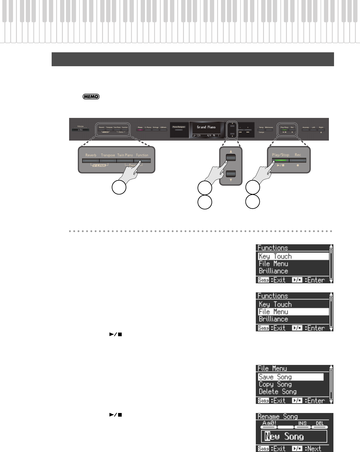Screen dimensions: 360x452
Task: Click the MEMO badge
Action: click(x=91, y=97)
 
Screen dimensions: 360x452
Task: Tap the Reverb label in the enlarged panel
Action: click(x=91, y=155)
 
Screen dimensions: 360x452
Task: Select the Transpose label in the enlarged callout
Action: click(x=108, y=155)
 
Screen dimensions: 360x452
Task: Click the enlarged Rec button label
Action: click(x=298, y=155)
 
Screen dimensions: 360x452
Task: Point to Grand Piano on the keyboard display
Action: click(x=206, y=127)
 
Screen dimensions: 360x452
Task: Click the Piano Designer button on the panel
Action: click(x=179, y=127)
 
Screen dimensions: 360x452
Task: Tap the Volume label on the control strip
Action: click(x=80, y=126)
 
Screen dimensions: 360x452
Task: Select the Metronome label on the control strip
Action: click(x=269, y=128)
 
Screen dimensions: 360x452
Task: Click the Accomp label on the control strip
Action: click(x=306, y=128)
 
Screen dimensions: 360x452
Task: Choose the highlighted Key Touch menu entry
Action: click(x=275, y=256)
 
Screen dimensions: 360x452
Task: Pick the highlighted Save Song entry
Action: click(x=275, y=377)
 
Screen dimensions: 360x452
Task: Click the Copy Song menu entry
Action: click(x=275, y=384)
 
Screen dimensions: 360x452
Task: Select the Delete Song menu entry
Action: click(x=278, y=392)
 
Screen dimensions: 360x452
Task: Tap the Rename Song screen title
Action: click(x=278, y=417)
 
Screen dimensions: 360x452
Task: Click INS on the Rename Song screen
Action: click(x=302, y=423)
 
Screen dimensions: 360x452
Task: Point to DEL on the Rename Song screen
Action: click(x=320, y=423)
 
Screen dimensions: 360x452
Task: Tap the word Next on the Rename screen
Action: click(x=314, y=449)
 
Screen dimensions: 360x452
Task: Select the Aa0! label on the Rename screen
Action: click(x=269, y=423)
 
